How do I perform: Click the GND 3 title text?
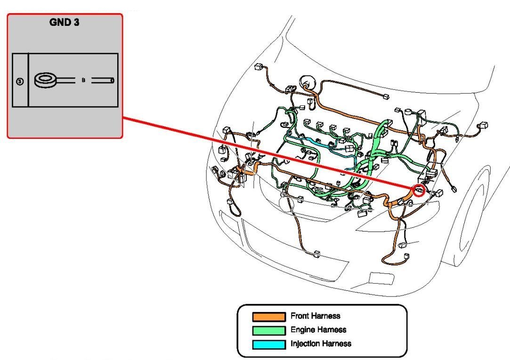pos(64,22)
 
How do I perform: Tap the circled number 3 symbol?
pos(19,81)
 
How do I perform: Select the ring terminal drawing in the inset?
pos(47,80)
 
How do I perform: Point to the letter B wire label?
pos(83,80)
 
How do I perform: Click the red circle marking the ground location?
pos(419,190)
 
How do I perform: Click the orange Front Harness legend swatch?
pos(269,316)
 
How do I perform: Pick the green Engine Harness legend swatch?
pos(269,330)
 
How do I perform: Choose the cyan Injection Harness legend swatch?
pos(269,344)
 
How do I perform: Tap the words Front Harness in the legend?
pos(315,316)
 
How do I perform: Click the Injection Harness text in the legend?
pos(321,344)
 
